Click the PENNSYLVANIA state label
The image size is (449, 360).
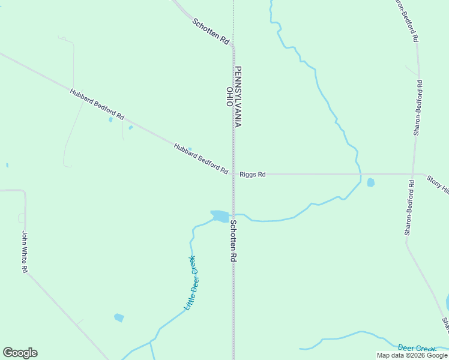[x=238, y=96]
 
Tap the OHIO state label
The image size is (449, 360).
[x=229, y=97]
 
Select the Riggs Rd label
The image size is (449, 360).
[x=252, y=175]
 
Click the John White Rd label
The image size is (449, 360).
[x=25, y=252]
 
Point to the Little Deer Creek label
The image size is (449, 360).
[x=190, y=283]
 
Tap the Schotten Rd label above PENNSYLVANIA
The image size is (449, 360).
[x=211, y=31]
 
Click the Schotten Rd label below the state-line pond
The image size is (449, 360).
[x=234, y=240]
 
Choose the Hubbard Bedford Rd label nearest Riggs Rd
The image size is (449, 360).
[x=201, y=159]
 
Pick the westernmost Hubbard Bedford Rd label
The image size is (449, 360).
[x=97, y=104]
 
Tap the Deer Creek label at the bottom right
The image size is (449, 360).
[x=417, y=349]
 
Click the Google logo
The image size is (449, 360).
[x=20, y=353]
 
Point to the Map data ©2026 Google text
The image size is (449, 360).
[x=412, y=355]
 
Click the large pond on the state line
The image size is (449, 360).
[x=220, y=215]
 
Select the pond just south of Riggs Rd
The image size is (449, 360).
[x=370, y=182]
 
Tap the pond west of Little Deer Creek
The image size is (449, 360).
[x=119, y=317]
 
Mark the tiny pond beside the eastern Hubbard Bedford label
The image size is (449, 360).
[x=190, y=149]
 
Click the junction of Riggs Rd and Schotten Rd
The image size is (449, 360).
[x=234, y=175]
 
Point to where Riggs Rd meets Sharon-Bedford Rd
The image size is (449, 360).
[x=412, y=175]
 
